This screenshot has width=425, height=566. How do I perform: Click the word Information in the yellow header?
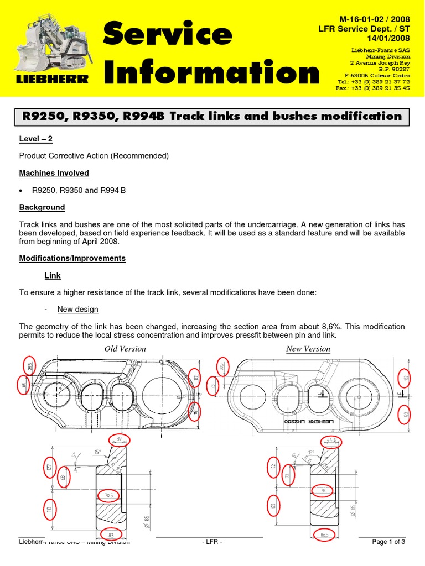point(211,74)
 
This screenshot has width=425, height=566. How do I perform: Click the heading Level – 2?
point(36,139)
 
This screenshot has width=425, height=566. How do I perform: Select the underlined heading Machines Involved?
point(54,173)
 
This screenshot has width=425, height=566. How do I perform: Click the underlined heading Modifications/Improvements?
point(72,258)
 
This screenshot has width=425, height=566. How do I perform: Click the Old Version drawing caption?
point(125,349)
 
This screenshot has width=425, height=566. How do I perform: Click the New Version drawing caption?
point(308,349)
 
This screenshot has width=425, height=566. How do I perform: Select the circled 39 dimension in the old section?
point(118,438)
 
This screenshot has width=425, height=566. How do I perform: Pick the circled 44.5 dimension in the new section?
point(330,441)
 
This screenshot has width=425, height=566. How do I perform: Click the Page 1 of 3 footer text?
point(388,542)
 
